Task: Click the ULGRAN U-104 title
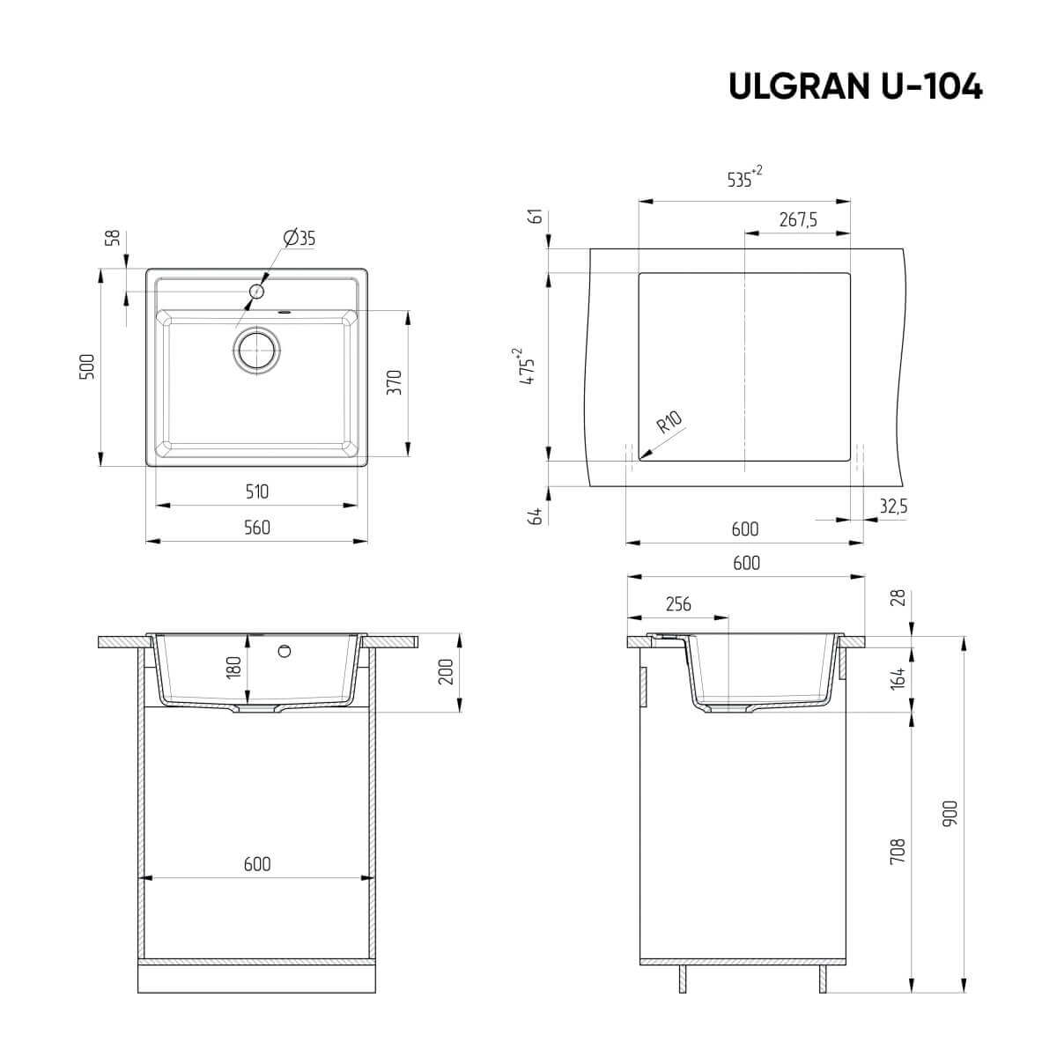854,86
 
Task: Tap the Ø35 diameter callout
299,238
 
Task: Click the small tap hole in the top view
257,291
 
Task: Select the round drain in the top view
257,351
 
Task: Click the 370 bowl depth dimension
395,381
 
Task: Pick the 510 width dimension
256,492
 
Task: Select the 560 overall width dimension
256,528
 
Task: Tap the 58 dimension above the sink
112,237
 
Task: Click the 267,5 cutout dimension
798,220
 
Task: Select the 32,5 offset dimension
892,506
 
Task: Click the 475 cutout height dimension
527,367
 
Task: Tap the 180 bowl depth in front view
233,667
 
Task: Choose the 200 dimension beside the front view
444,672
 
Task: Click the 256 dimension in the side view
677,604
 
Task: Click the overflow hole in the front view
284,651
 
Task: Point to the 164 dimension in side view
898,679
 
